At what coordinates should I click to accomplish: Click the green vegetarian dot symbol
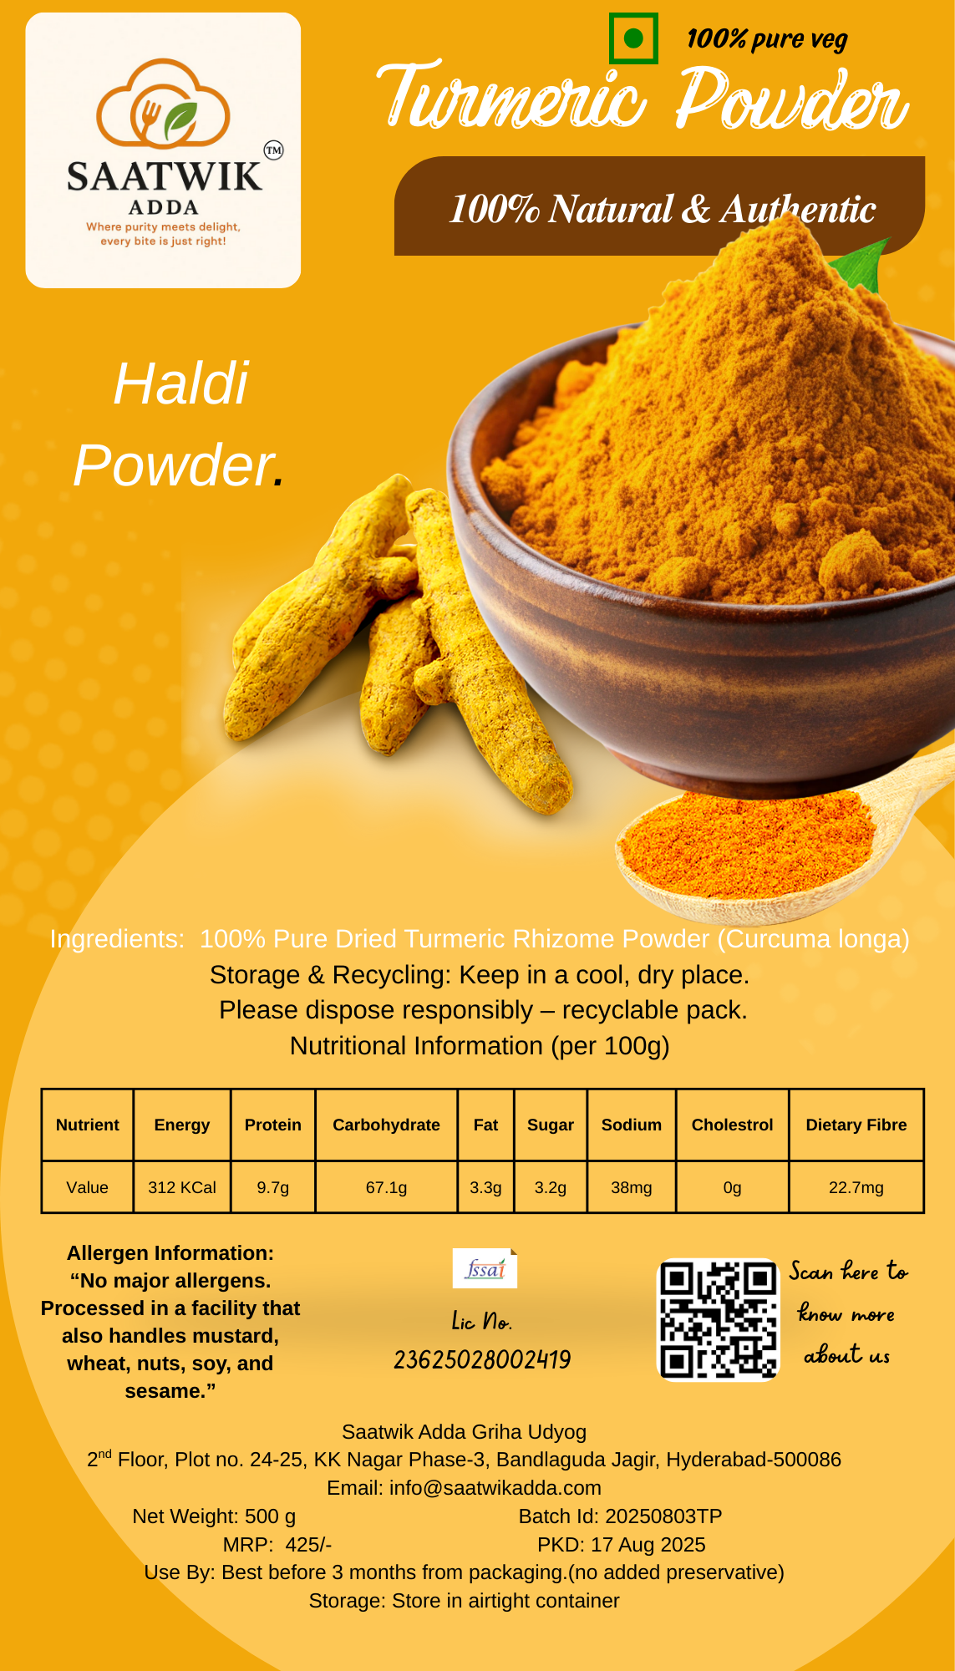click(x=633, y=38)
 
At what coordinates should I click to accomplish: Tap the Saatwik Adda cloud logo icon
click(x=163, y=101)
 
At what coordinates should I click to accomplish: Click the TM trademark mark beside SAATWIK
click(x=273, y=150)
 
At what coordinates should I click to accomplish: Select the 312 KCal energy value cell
click(x=182, y=1187)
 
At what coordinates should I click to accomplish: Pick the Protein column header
click(x=273, y=1125)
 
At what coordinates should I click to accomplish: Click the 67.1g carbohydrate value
click(x=386, y=1187)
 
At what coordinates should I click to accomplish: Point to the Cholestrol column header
click(x=732, y=1125)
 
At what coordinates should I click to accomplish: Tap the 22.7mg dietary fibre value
click(x=856, y=1187)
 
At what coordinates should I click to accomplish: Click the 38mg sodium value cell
click(x=632, y=1187)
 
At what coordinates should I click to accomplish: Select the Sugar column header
click(x=551, y=1125)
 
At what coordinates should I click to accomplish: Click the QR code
click(x=719, y=1319)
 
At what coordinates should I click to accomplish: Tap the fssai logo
click(x=485, y=1268)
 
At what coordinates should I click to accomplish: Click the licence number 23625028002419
click(x=482, y=1360)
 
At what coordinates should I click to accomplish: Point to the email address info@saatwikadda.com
click(x=495, y=1488)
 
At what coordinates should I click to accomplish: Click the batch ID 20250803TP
click(x=663, y=1516)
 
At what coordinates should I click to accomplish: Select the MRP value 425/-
click(x=308, y=1545)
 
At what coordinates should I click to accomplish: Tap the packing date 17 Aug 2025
click(x=648, y=1545)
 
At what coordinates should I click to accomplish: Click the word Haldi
click(x=181, y=385)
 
